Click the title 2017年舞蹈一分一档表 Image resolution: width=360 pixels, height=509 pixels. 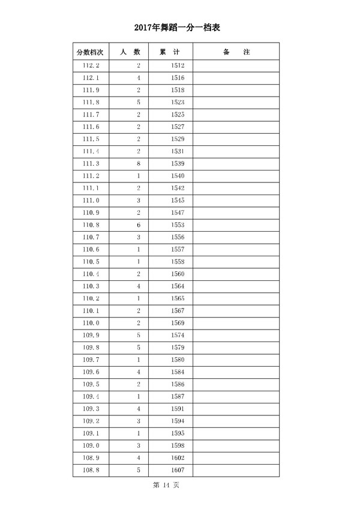tap(180, 27)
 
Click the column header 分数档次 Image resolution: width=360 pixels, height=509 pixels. tap(90, 52)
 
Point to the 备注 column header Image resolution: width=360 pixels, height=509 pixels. tap(236, 52)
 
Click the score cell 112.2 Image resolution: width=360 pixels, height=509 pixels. tap(91, 65)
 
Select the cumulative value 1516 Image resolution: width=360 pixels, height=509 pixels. tap(178, 78)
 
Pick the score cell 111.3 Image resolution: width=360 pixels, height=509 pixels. tap(91, 164)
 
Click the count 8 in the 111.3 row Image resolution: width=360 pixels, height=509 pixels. tap(139, 164)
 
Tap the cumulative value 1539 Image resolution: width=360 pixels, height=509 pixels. tap(178, 164)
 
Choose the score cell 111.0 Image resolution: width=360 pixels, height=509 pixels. tap(91, 200)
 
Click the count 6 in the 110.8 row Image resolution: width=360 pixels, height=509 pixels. tap(139, 225)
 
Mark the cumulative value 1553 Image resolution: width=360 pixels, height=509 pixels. tap(178, 225)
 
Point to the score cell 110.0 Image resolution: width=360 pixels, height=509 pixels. tap(91, 323)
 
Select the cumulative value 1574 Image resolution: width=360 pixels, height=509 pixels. tap(178, 335)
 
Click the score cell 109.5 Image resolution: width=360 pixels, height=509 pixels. tap(91, 384)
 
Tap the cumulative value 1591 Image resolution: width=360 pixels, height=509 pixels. tap(178, 409)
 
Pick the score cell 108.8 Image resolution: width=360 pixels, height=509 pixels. tap(91, 470)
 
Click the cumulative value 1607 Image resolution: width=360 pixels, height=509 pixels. tap(178, 470)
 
